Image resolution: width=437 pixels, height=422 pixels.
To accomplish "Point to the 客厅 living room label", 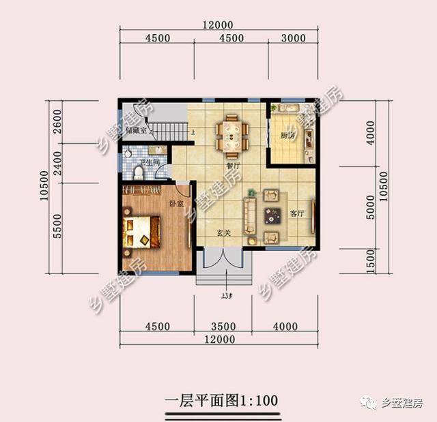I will coord(296,213).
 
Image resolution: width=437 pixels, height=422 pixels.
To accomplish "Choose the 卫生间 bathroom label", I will coord(149,164).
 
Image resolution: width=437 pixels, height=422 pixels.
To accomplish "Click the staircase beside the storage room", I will coord(169,129).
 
